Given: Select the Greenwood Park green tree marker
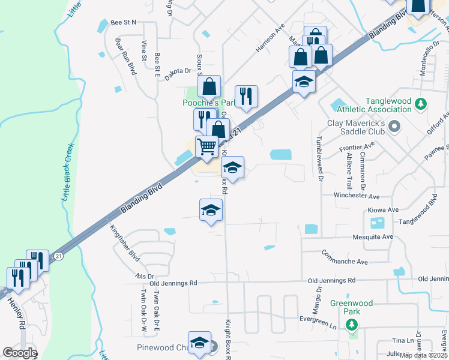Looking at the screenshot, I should tap(351, 325).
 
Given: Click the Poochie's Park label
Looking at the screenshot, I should tap(208, 103).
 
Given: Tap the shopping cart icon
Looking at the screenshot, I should tap(207, 146).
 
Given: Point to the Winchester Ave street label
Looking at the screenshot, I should tap(358, 196).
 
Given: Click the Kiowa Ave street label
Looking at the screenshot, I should tap(385, 210).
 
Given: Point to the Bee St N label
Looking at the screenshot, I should tap(125, 22).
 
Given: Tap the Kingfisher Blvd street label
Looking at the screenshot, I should tap(125, 244).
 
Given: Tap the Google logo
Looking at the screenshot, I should tap(20, 353).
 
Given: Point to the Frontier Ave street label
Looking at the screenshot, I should tap(357, 145).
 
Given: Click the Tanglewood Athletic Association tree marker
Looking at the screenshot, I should tap(421, 104).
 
